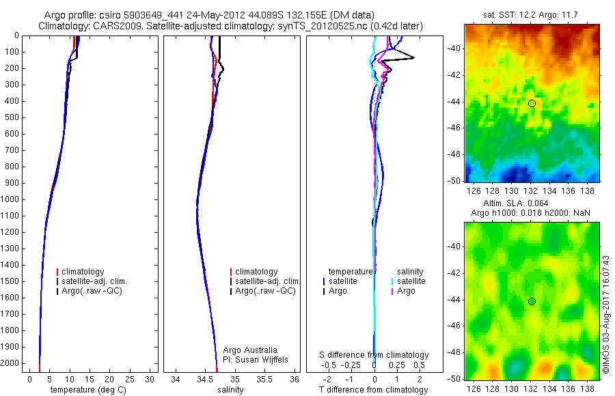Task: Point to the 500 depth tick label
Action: point(12,117)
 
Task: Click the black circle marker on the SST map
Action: point(532,103)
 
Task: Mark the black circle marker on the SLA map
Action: point(532,301)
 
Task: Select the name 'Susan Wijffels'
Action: point(257,359)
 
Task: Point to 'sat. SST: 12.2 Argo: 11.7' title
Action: point(532,15)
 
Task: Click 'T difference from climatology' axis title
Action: point(374,390)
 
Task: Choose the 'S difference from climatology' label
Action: point(374,355)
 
